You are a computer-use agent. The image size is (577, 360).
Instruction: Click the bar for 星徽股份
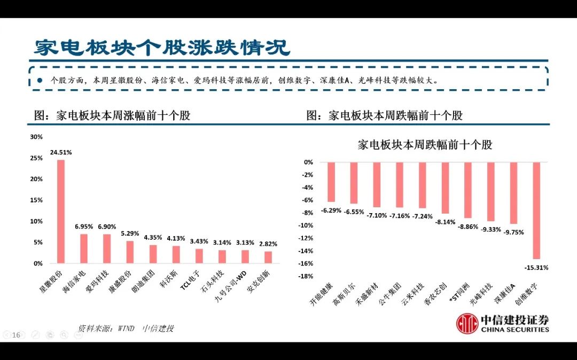click(61, 212)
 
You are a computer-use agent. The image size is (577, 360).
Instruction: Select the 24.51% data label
click(61, 152)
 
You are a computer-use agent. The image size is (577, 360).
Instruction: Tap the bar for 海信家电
click(84, 248)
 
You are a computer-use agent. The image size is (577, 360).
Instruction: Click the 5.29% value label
click(130, 233)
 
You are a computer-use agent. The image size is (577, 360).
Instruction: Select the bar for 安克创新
click(268, 257)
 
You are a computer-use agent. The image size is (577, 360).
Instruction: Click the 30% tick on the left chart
click(36, 137)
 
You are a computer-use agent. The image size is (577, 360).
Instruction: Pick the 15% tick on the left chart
click(36, 200)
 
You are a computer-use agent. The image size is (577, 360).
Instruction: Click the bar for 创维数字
click(536, 210)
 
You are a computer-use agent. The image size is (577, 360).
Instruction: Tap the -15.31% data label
click(536, 267)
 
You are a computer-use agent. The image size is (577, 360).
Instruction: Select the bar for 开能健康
click(331, 182)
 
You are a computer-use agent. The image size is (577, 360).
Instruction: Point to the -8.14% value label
click(445, 222)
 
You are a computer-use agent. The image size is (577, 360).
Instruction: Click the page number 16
click(16, 335)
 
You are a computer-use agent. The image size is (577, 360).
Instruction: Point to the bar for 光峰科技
click(490, 191)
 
